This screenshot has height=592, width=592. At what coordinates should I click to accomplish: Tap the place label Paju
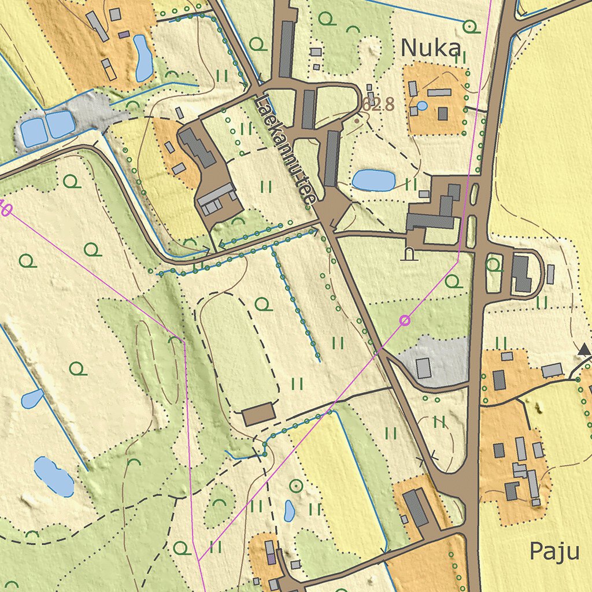(554, 552)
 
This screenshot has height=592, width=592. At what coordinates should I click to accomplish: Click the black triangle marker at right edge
(584, 349)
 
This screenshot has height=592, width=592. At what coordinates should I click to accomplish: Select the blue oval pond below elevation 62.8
(373, 180)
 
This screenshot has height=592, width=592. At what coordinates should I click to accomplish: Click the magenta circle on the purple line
(405, 320)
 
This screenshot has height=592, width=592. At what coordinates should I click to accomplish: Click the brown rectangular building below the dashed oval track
(258, 415)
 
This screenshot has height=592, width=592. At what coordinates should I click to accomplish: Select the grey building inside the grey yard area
(424, 368)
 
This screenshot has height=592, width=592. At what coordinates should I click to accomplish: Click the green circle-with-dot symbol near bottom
(296, 486)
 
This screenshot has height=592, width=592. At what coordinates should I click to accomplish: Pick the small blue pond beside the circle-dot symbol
(290, 510)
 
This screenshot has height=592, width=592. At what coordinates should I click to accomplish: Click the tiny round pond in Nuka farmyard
(423, 106)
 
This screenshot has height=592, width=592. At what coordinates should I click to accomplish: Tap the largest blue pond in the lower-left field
(53, 476)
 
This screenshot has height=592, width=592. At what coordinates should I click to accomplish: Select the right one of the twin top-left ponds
(60, 124)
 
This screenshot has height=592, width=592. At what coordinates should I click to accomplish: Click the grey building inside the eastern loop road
(521, 273)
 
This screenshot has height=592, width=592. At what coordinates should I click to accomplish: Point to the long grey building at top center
(286, 49)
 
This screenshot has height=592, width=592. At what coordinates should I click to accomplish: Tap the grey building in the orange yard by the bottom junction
(416, 507)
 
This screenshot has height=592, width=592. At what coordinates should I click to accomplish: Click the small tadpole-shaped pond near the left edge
(32, 397)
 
